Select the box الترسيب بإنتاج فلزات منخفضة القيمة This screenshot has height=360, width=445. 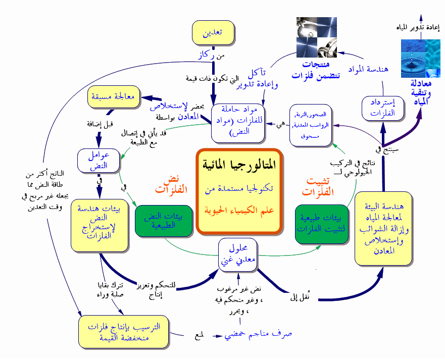pos(124,332)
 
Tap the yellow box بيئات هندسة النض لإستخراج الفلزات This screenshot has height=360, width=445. pos(98,225)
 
